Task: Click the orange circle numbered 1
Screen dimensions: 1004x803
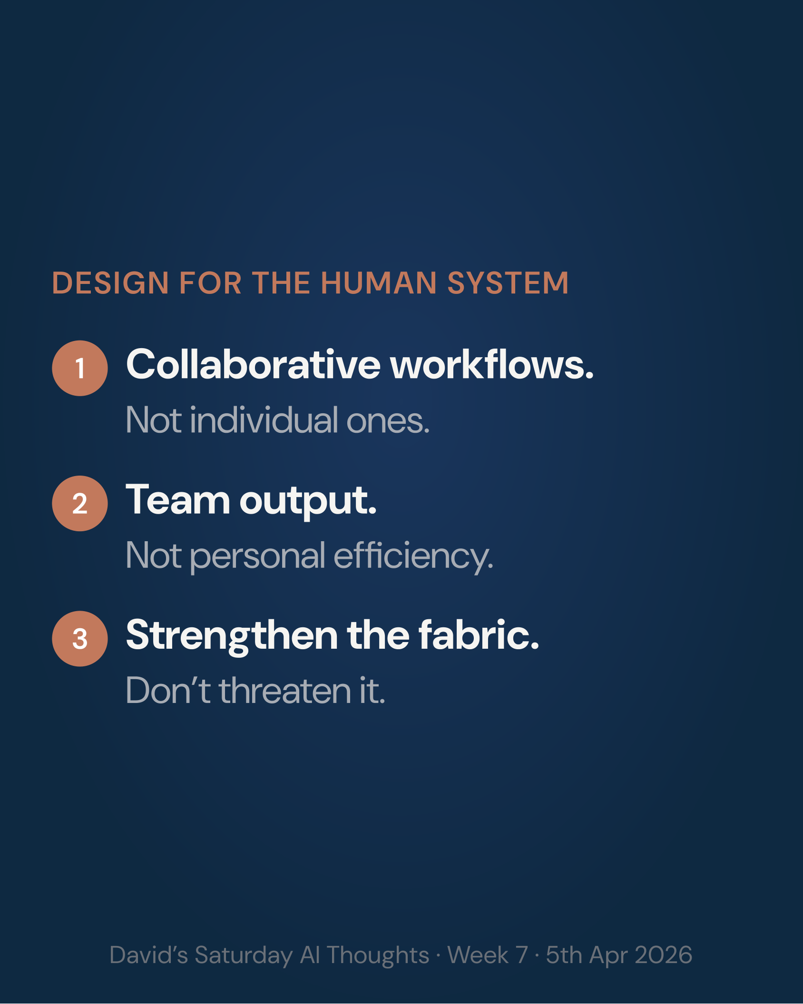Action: pos(79,368)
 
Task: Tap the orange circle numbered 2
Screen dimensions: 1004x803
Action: pos(79,503)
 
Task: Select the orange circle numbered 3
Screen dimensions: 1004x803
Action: pos(79,638)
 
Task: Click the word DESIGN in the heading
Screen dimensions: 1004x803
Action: pos(110,283)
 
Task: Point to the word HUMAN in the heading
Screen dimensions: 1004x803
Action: pos(379,283)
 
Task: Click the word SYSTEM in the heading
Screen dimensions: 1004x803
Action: pos(508,283)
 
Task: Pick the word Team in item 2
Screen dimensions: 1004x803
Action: pos(177,500)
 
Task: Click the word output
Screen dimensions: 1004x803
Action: pos(308,502)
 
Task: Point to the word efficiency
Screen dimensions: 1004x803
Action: pos(413,556)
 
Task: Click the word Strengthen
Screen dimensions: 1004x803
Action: pos(232,636)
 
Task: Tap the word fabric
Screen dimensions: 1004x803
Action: pos(478,635)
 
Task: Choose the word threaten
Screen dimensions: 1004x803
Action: pos(284,691)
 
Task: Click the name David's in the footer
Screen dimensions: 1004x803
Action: pos(148,955)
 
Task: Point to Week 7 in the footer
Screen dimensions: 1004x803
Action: pos(488,955)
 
